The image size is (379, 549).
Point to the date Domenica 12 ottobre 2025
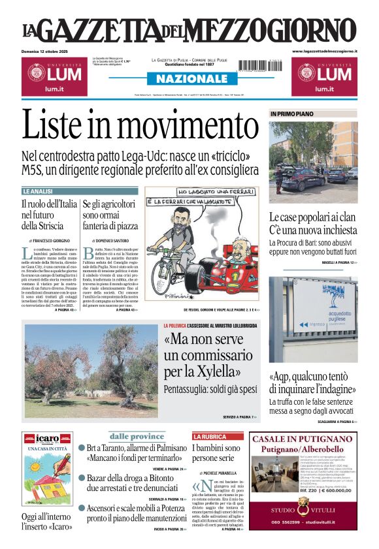coord(48,51)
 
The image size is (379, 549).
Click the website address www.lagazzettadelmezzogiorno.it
coord(324,51)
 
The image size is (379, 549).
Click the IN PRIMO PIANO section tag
coord(292,114)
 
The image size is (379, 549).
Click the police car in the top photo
coord(294,178)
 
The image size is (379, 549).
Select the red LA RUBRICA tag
coord(208,436)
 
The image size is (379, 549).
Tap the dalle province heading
coord(136,436)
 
